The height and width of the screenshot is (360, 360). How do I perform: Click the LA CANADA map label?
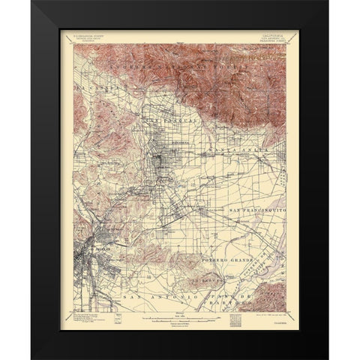88,109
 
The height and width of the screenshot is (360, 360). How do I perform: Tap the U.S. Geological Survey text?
93,32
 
